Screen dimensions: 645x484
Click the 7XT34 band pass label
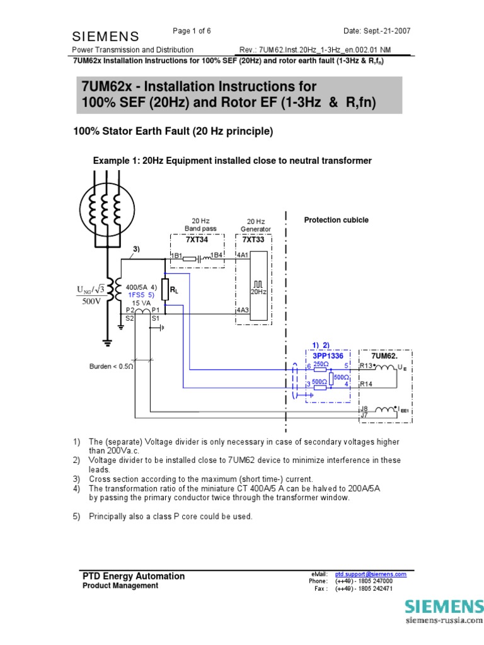point(197,240)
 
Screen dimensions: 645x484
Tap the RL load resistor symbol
point(165,290)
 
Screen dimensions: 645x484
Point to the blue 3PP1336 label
point(328,355)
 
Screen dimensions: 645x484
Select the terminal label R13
point(366,365)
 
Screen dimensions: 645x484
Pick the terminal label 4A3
point(243,310)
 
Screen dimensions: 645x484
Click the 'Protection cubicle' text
point(336,220)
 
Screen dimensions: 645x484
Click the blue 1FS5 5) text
point(141,294)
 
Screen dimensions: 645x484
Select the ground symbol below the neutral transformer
point(107,342)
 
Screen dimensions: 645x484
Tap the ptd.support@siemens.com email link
point(370,574)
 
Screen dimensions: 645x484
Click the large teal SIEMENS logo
point(444,607)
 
